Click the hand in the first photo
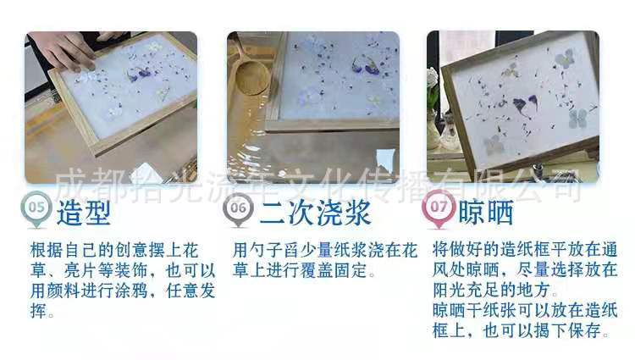tap(72, 51)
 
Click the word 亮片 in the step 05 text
tap(92, 271)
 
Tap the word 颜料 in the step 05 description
tap(74, 291)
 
